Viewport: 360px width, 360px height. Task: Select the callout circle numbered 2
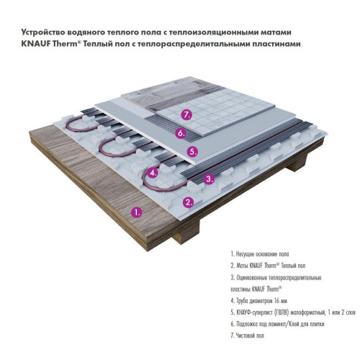[x=189, y=202]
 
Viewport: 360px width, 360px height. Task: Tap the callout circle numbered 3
[x=210, y=179]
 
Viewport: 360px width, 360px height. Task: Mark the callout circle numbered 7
[x=186, y=114]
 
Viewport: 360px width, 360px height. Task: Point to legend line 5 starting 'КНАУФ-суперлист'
[x=287, y=312]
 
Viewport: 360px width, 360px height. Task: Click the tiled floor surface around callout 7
[x=216, y=108]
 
